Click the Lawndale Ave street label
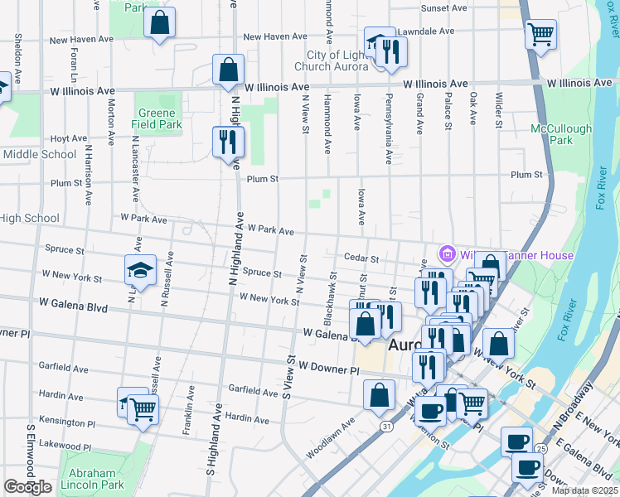tap(426, 31)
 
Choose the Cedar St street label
tap(361, 259)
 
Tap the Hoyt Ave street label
tap(69, 139)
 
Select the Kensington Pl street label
tap(67, 422)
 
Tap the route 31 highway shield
tap(386, 425)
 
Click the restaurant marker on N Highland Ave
tap(228, 142)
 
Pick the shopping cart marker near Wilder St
tap(540, 35)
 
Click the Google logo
tap(28, 487)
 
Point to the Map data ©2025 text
tap(584, 490)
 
